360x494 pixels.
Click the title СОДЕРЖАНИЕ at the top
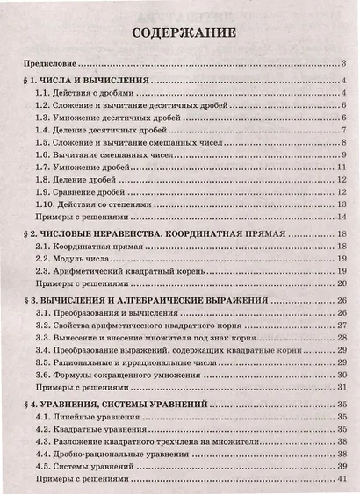click(184, 34)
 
